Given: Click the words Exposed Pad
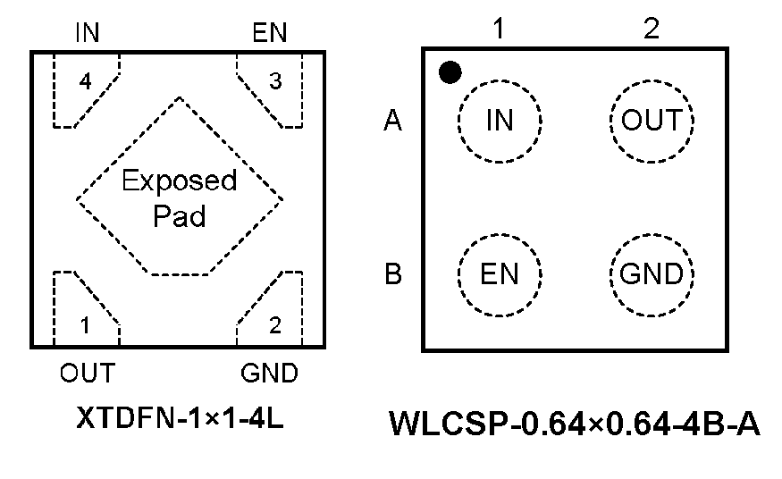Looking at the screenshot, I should [180, 197].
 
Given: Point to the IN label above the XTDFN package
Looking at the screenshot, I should [87, 34].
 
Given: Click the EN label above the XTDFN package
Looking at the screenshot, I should [270, 34].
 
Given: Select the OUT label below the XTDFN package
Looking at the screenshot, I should [87, 372].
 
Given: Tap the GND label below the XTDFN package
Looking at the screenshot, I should [269, 372].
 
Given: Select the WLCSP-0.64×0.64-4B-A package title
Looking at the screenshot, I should [575, 424].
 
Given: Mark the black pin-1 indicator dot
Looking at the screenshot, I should [450, 72].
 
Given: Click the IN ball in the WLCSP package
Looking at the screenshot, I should [500, 121].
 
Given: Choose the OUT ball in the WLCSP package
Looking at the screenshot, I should [652, 121].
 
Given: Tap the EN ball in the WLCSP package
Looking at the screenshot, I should [500, 274].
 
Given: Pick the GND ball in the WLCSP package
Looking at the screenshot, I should [652, 274].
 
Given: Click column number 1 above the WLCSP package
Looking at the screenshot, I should [500, 29].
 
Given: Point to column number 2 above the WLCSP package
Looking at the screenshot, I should [652, 29].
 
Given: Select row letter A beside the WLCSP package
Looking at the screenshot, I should [392, 121].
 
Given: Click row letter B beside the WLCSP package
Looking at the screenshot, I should [392, 274].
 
